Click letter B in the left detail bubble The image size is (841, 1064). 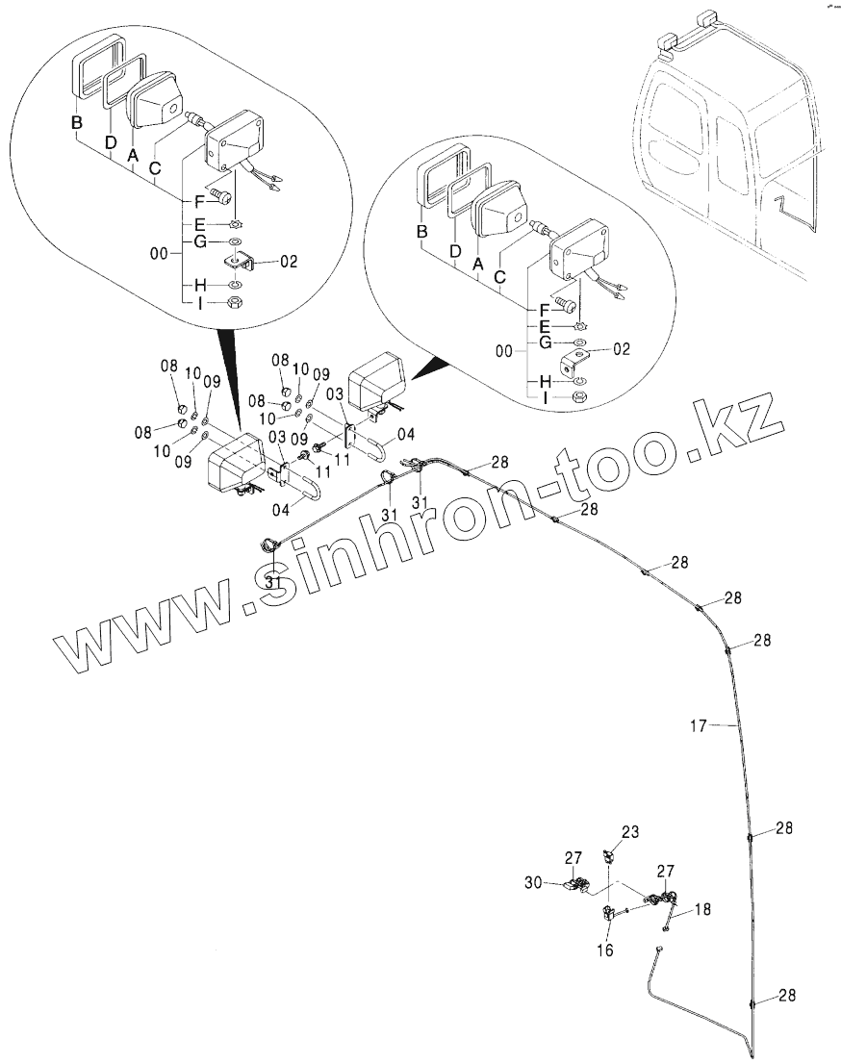point(76,122)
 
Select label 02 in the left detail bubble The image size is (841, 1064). point(290,261)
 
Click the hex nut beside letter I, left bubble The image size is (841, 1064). point(237,303)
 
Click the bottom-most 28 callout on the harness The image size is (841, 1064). point(787,997)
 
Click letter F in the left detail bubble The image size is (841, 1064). point(199,202)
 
